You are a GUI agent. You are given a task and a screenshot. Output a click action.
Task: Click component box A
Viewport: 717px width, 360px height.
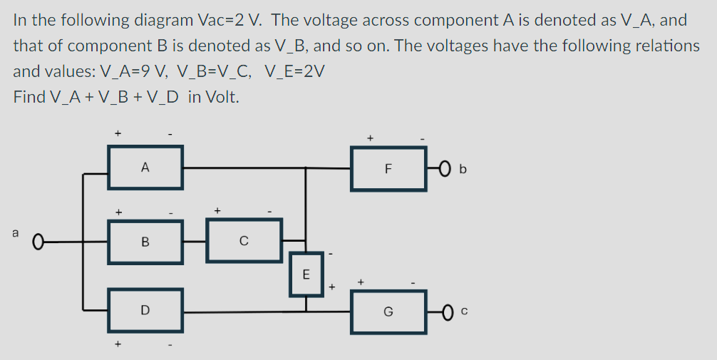click(145, 168)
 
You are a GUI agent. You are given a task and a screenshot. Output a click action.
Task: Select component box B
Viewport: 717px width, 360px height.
click(145, 242)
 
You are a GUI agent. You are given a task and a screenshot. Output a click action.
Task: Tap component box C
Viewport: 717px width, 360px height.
click(244, 242)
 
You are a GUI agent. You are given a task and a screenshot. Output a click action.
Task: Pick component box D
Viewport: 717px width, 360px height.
click(145, 310)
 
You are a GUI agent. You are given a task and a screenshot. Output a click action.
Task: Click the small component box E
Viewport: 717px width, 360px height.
click(306, 274)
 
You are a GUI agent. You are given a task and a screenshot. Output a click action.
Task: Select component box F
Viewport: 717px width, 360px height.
click(388, 169)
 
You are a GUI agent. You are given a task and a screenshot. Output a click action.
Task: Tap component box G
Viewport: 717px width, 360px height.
click(388, 312)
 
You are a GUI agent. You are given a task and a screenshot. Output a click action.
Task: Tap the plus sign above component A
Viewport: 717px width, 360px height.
click(118, 133)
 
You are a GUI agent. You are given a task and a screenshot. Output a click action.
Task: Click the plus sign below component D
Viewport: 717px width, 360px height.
click(118, 344)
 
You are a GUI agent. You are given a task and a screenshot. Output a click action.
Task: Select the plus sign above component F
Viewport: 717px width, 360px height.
click(370, 136)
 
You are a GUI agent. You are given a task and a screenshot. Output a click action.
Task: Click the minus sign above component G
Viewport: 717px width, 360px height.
click(414, 283)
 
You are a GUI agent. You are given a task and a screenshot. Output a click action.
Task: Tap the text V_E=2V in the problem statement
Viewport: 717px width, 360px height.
click(294, 71)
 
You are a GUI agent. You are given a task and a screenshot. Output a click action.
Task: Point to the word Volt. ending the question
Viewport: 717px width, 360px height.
click(222, 97)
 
